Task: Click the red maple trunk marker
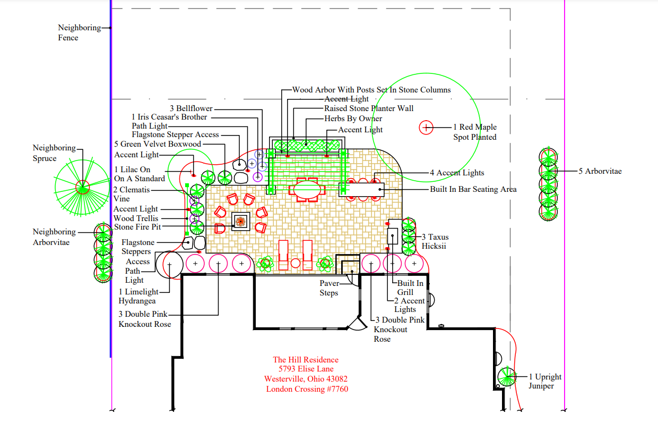click(427, 128)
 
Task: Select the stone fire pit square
click(240, 222)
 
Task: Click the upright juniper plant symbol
click(506, 377)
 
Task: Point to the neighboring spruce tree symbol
click(82, 187)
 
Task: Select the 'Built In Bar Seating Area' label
click(473, 189)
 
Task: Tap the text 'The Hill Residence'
click(305, 360)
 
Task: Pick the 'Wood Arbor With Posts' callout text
click(371, 90)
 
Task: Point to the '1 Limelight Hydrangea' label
click(138, 296)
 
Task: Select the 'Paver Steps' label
click(329, 288)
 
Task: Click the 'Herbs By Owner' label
click(353, 119)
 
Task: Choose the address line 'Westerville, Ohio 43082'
click(306, 379)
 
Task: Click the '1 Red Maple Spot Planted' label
click(474, 132)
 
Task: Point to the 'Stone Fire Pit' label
click(137, 227)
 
